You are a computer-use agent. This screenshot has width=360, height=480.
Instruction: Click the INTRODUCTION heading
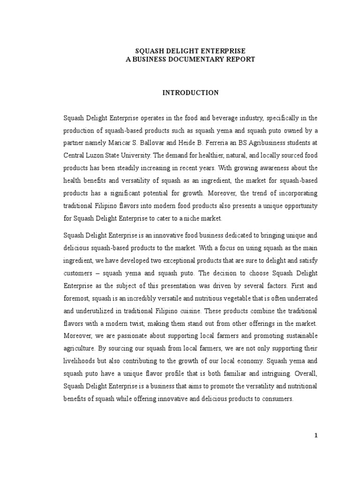coord(190,93)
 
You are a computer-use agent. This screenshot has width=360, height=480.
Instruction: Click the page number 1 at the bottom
coord(316,435)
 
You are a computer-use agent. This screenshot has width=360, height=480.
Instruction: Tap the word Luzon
coord(96,154)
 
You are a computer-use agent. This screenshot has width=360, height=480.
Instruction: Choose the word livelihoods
coord(81,361)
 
